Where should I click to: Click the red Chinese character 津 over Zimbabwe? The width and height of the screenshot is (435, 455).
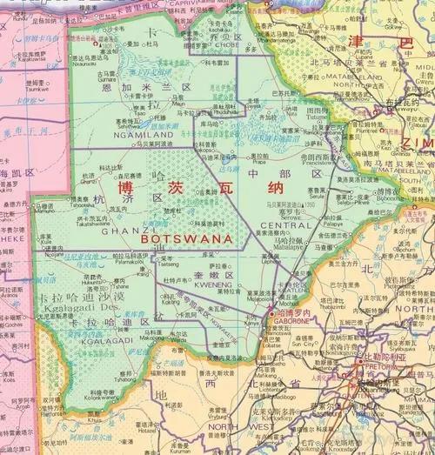(358, 41)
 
